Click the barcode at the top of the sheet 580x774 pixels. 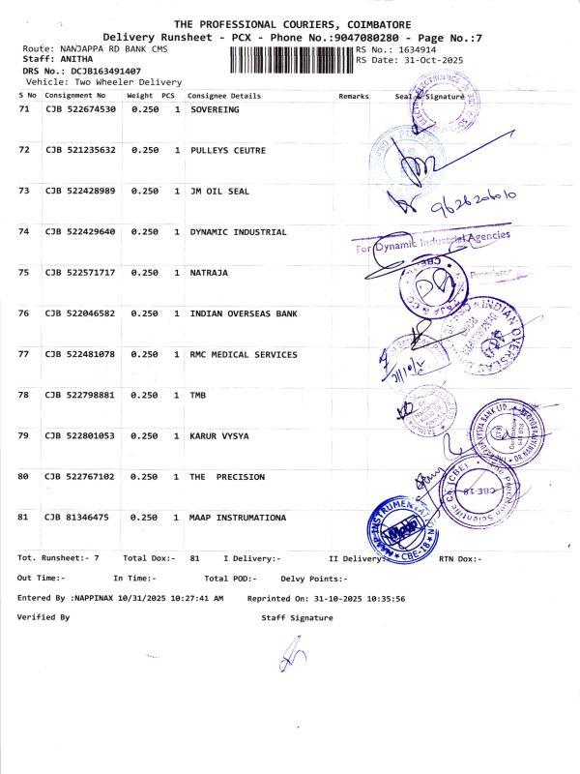coord(291,60)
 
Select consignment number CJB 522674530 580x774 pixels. coord(80,110)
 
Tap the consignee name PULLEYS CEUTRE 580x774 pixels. coord(227,151)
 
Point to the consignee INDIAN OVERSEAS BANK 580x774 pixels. coord(244,313)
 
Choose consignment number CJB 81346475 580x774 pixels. coord(76,518)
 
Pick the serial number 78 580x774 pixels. coord(24,395)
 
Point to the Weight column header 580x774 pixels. coord(139,96)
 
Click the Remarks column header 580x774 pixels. coord(355,97)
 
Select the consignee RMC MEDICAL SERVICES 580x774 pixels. coord(244,354)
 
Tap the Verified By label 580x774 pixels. coord(43,616)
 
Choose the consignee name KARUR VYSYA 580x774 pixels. coord(219,436)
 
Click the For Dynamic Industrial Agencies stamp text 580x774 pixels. coord(435,242)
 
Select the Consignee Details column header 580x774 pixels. coord(224,97)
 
